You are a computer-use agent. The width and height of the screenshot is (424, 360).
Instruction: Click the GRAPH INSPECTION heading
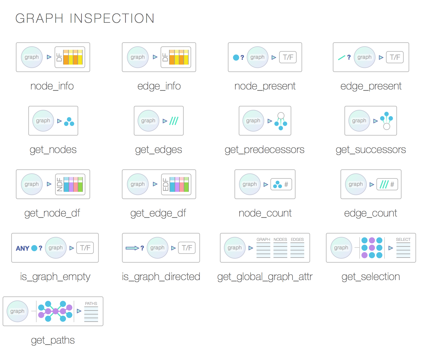pyautogui.click(x=85, y=19)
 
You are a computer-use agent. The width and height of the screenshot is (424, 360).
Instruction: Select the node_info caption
pyautogui.click(x=52, y=86)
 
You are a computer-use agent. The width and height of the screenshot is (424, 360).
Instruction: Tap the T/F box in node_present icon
pyautogui.click(x=288, y=57)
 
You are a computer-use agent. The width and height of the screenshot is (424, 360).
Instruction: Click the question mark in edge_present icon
pyautogui.click(x=349, y=57)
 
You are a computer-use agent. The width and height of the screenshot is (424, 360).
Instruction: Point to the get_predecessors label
pyautogui.click(x=264, y=150)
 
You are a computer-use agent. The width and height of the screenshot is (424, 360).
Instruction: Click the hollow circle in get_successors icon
pyautogui.click(x=387, y=127)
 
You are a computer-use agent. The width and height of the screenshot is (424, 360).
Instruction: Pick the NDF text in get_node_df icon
pyautogui.click(x=60, y=184)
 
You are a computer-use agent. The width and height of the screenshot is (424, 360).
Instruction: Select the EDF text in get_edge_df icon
pyautogui.click(x=166, y=184)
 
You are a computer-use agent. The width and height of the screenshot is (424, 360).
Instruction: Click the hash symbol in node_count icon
pyautogui.click(x=286, y=184)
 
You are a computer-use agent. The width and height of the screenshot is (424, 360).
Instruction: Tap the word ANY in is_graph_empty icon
pyautogui.click(x=23, y=248)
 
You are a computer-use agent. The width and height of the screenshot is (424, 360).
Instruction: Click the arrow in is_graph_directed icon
pyautogui.click(x=132, y=248)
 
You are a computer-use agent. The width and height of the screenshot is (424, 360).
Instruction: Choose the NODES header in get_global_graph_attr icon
pyautogui.click(x=280, y=240)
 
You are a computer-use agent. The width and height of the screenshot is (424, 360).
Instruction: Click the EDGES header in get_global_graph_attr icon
pyautogui.click(x=297, y=240)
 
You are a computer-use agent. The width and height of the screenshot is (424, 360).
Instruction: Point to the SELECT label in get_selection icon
pyautogui.click(x=403, y=240)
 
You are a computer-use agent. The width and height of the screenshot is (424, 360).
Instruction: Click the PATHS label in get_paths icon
pyautogui.click(x=91, y=304)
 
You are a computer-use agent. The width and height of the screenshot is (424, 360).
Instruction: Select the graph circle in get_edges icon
pyautogui.click(x=148, y=121)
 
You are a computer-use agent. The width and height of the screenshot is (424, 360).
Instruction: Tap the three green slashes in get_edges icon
pyautogui.click(x=174, y=121)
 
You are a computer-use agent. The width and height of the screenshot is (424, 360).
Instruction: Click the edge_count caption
pyautogui.click(x=370, y=213)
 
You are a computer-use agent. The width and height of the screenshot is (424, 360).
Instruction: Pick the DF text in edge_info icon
pyautogui.click(x=165, y=57)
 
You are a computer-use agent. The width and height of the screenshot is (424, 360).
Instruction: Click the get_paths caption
pyautogui.click(x=53, y=340)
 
